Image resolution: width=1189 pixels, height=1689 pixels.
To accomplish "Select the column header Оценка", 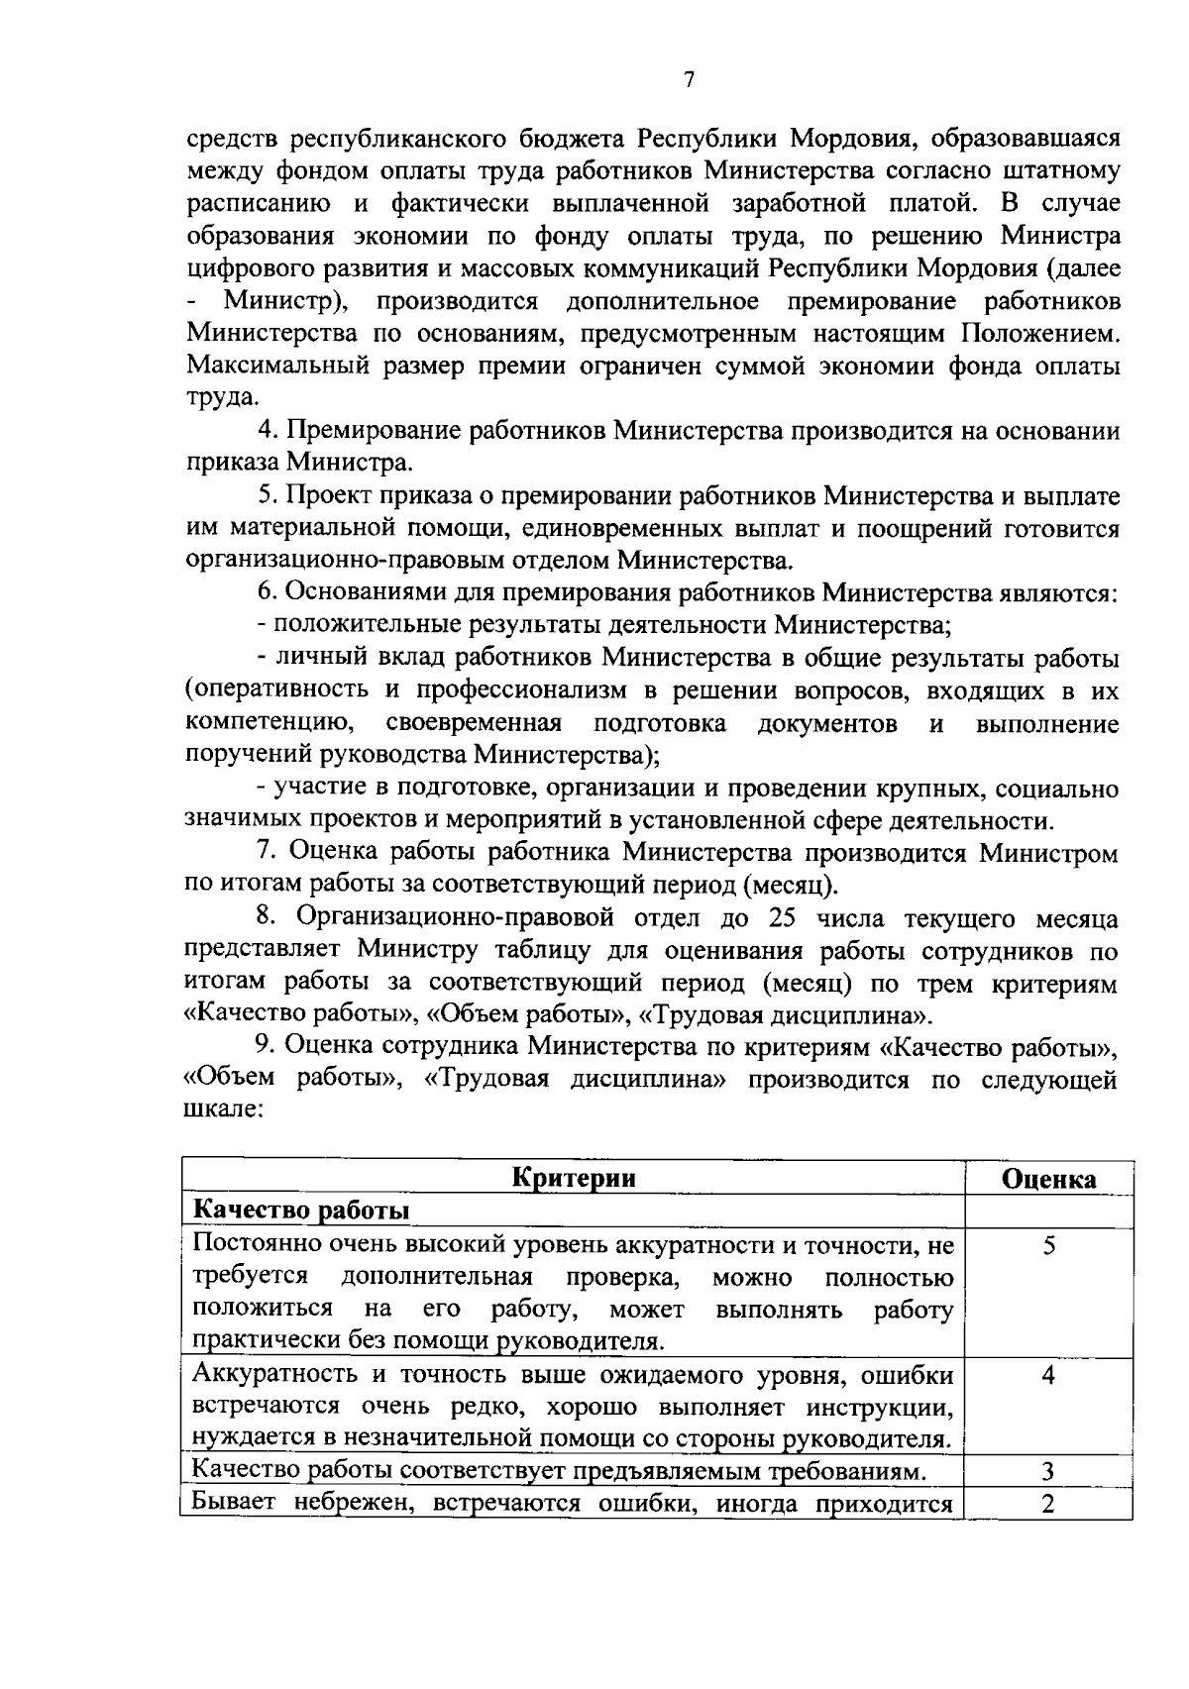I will pos(1049,1179).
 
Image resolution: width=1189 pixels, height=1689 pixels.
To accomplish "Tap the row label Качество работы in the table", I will pos(301,1211).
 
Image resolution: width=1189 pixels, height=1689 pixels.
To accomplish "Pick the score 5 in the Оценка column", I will pos(1048,1245).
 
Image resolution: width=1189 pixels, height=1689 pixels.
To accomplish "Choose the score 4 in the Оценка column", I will pos(1048,1375).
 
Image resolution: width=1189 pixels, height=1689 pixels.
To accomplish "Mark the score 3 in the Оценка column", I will pos(1048,1472).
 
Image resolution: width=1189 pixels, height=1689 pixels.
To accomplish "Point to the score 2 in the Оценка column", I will pos(1048,1504).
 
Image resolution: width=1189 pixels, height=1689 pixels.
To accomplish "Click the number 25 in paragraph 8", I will pos(783,918).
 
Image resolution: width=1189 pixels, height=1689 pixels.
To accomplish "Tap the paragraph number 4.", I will pos(265,431).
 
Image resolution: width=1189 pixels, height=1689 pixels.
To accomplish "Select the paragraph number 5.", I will pos(265,496).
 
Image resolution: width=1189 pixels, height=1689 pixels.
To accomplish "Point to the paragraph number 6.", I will pos(265,593).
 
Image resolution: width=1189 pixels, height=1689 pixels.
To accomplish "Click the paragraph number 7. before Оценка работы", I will pos(265,853).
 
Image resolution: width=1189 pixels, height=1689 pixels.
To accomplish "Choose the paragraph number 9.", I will pos(265,1047).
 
